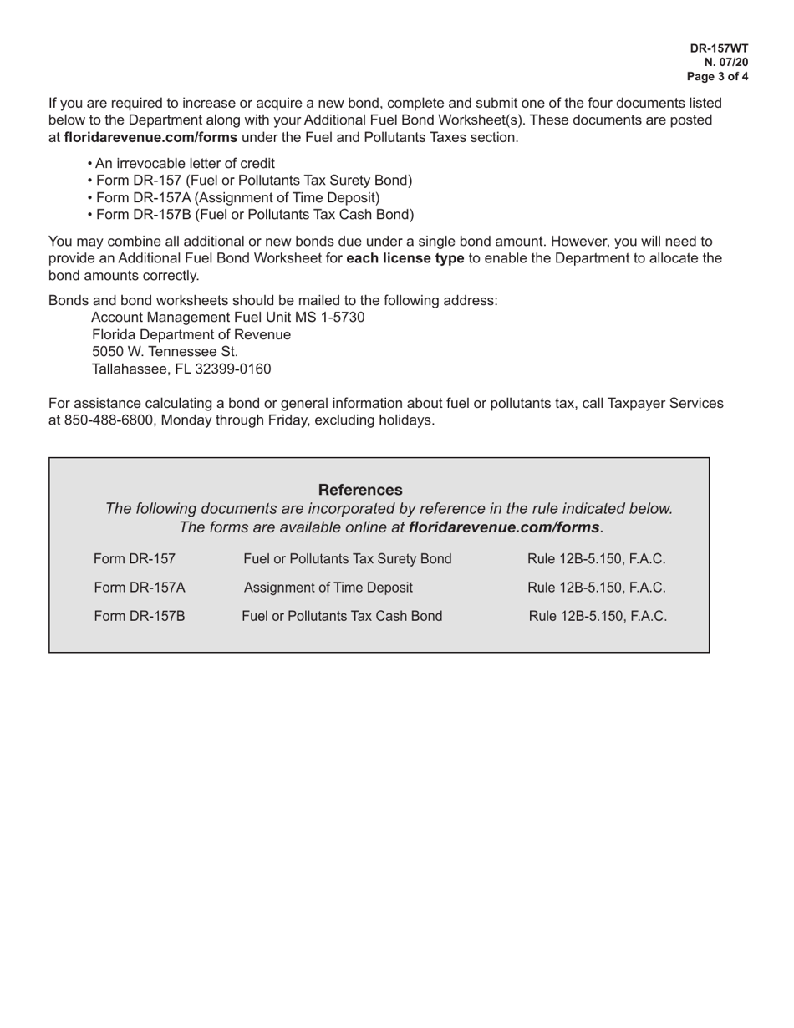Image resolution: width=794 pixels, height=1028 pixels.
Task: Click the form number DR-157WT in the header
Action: point(719,48)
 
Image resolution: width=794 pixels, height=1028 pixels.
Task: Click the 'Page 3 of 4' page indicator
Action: point(717,76)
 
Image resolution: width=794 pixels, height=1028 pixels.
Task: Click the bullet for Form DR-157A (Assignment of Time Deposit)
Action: point(237,197)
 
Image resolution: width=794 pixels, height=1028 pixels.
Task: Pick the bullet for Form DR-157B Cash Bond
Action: point(254,215)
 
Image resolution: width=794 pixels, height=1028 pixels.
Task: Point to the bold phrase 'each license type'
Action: point(405,258)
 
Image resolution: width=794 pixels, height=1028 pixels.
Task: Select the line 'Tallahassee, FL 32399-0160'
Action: point(181,369)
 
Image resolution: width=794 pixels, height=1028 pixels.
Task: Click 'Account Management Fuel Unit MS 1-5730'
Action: point(227,318)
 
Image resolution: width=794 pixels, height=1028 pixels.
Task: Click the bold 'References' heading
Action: point(360,490)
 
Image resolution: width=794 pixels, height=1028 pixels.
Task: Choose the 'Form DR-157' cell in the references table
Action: point(135,559)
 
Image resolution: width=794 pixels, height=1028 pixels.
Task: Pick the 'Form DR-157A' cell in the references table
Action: point(140,588)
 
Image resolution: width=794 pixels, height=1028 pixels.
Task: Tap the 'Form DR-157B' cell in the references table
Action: point(140,617)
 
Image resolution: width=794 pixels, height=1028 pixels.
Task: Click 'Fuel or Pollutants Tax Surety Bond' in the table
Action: point(347,559)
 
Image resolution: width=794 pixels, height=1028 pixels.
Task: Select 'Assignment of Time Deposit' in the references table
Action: point(328,588)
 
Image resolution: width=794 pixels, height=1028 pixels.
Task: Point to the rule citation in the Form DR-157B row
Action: point(598,617)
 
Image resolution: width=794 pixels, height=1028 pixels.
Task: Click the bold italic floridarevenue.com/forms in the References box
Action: point(504,527)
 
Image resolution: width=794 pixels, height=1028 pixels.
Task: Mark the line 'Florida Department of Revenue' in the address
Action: point(191,334)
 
